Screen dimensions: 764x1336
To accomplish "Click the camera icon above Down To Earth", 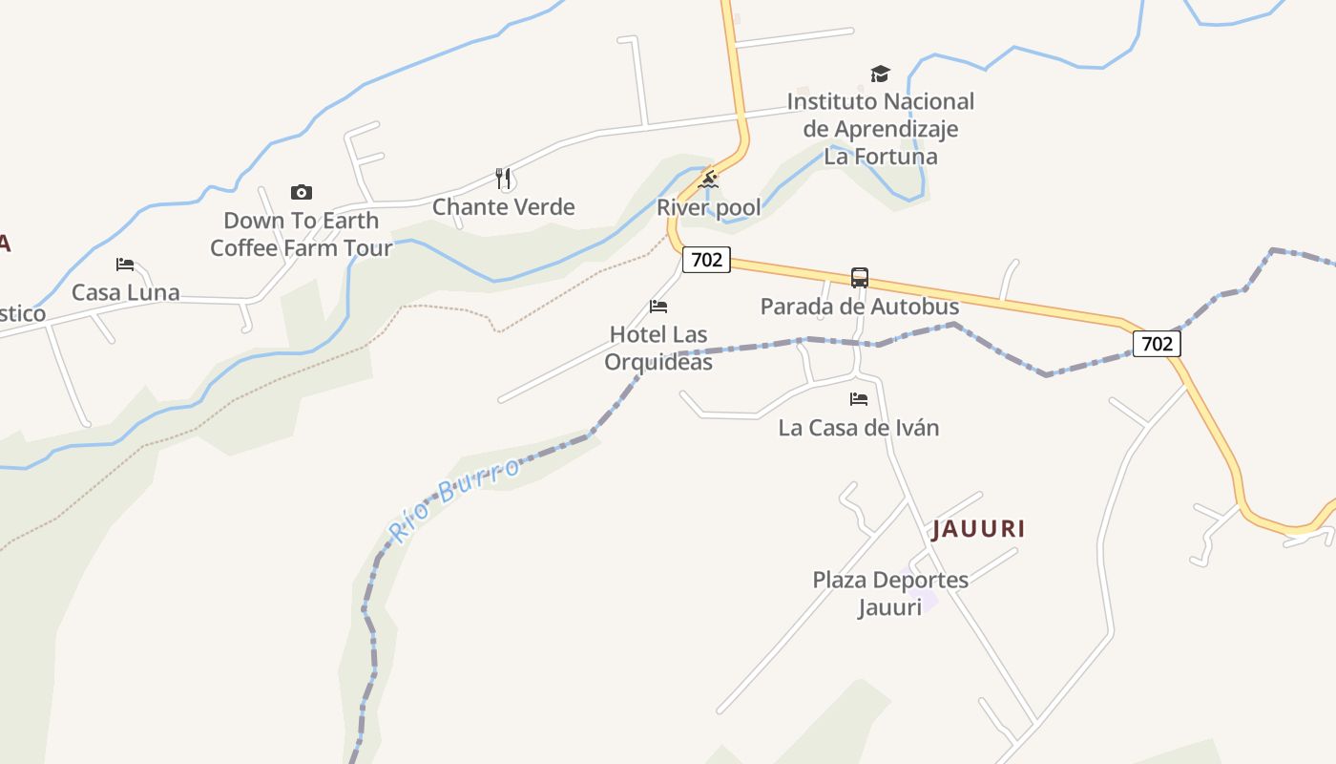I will pos(302,193).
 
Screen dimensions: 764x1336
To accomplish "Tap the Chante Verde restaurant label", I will pos(504,207).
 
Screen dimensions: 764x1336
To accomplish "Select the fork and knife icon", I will pos(504,178).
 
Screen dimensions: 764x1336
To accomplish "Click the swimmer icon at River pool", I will pos(707,180).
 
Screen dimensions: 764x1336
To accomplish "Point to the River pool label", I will pos(709,208).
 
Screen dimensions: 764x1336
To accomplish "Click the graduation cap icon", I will pos(880,74).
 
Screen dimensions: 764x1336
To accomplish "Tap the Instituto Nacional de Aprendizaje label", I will pos(880,129).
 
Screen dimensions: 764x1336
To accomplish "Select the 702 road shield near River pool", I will pos(706,259).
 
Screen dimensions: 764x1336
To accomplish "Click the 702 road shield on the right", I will pos(1157,343).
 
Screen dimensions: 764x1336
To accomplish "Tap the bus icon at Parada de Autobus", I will pos(860,278).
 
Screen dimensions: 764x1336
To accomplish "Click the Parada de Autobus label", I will pos(860,307).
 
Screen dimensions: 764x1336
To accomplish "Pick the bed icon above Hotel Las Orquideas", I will pos(658,307).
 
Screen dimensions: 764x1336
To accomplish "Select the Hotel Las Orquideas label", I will pos(658,349).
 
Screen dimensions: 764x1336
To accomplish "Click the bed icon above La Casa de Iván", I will pos(859,399).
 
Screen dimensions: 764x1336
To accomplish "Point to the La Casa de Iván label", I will pos(859,428).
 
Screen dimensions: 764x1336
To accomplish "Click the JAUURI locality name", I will pos(978,529).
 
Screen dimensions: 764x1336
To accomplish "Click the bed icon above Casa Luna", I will pos(125,265).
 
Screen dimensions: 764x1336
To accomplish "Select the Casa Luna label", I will pos(125,292).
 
